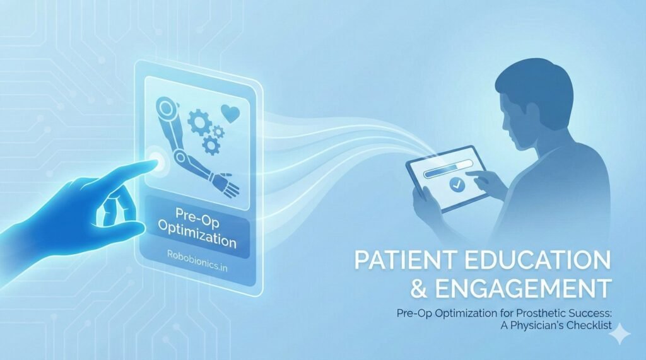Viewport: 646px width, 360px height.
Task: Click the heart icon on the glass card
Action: (230, 113)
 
